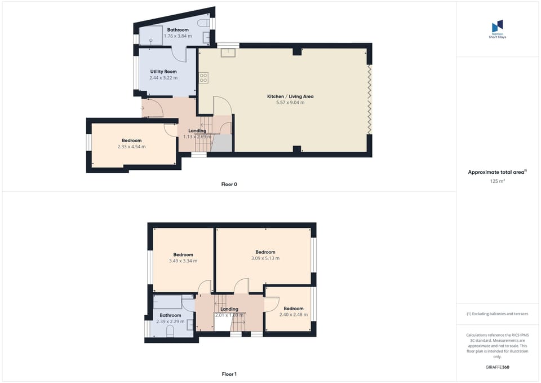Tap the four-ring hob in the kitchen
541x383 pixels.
pyautogui.click(x=203, y=78)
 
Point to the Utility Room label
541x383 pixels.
pyautogui.click(x=163, y=72)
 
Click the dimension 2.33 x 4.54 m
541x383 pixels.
pyautogui.click(x=131, y=147)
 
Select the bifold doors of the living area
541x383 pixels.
pyautogui.click(x=370, y=99)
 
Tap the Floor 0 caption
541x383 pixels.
pyautogui.click(x=229, y=184)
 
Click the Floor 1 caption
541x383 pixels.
pyautogui.click(x=229, y=374)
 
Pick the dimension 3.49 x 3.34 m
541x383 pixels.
pyautogui.click(x=183, y=261)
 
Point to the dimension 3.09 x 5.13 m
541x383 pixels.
pyautogui.click(x=265, y=258)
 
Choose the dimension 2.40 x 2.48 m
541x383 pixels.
pyautogui.click(x=294, y=315)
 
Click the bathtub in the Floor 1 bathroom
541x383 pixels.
pyautogui.click(x=167, y=302)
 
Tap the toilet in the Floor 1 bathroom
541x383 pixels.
pyautogui.click(x=170, y=332)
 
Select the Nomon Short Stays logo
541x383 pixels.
pyautogui.click(x=497, y=28)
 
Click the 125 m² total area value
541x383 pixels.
pyautogui.click(x=497, y=181)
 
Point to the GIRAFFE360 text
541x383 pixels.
pyautogui.click(x=497, y=367)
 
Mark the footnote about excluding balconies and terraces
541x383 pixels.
pyautogui.click(x=497, y=314)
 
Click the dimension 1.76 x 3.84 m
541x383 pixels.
pyautogui.click(x=178, y=36)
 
